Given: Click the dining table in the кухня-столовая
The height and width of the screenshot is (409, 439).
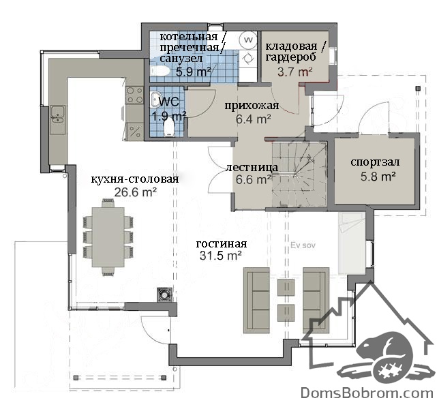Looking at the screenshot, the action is point(108,237).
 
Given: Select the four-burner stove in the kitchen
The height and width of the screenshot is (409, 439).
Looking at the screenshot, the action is point(134,95).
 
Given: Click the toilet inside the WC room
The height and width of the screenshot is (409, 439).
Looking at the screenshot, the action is point(168,127).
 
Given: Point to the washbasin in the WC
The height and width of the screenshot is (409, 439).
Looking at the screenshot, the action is point(155,100).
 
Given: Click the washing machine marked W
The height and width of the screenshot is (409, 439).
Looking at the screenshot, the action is point(248,40).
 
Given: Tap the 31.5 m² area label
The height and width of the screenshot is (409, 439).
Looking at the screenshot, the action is point(221,256).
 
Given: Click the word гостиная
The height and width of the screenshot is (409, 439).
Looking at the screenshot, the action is point(221,244).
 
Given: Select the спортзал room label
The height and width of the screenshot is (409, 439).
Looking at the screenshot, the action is point(375,162).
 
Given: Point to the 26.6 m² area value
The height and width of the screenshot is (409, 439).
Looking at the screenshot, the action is point(135,192).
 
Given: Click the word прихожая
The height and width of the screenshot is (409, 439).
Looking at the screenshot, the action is point(252,106).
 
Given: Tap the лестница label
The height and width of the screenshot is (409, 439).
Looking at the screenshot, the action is point(252,167).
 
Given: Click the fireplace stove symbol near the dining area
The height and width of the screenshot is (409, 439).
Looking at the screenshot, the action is point(164,294).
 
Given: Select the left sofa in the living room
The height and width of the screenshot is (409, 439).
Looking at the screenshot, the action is point(256,300).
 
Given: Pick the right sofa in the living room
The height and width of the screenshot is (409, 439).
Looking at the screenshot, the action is point(316,300).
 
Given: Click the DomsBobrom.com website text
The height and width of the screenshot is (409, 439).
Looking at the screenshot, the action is point(367,393).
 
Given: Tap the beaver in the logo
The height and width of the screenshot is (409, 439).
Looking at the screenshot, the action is point(387,357).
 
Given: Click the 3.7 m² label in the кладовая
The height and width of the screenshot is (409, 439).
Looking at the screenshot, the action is point(294,72).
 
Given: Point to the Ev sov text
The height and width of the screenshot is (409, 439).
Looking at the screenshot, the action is point(303,245).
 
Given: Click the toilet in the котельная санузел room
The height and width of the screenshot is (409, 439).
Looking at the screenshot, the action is point(160,71).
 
